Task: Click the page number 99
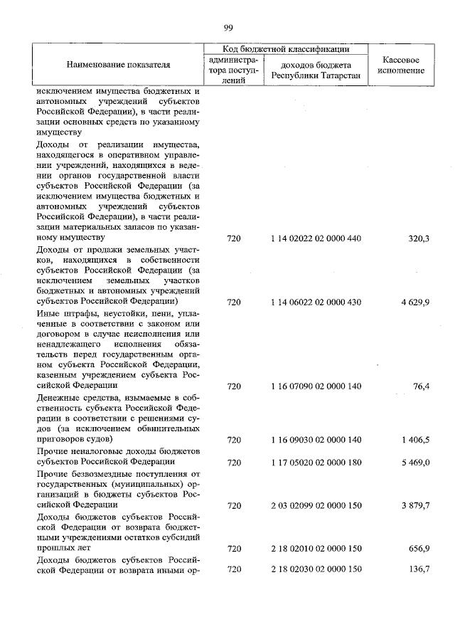(x=228, y=28)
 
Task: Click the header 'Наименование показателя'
(x=119, y=65)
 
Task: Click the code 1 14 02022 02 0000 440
(x=316, y=238)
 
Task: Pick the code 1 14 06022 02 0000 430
(x=316, y=302)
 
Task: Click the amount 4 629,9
(x=415, y=302)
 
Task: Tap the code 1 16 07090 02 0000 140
(x=316, y=386)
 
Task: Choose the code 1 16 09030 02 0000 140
(x=316, y=441)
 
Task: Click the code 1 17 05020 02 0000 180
(x=316, y=463)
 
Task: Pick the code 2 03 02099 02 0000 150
(x=316, y=506)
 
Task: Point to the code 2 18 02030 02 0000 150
(x=316, y=571)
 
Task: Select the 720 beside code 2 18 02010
(x=234, y=549)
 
